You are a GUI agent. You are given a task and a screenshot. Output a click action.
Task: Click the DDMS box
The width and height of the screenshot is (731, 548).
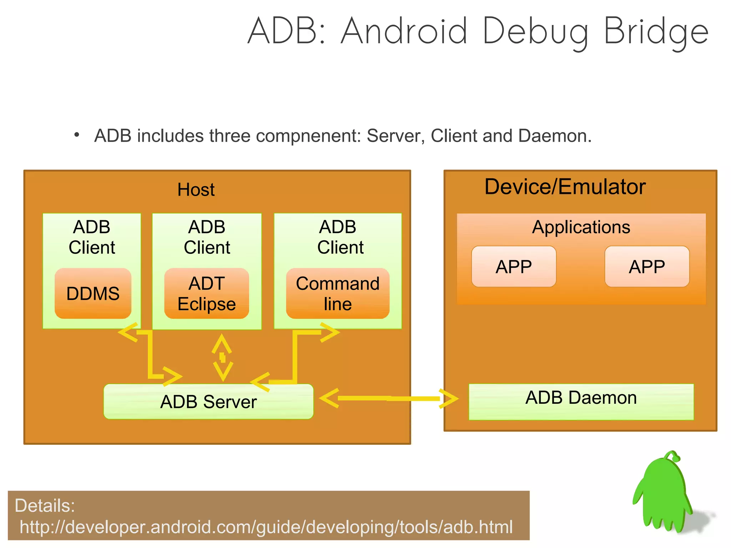[93, 293]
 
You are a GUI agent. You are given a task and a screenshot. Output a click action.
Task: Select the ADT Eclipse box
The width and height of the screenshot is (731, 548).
[206, 293]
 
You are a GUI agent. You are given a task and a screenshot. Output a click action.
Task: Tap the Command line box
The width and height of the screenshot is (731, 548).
[337, 293]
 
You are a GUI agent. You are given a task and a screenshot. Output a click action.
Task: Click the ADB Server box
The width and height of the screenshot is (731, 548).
[208, 402]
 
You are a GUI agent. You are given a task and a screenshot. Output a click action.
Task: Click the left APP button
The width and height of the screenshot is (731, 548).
[514, 267]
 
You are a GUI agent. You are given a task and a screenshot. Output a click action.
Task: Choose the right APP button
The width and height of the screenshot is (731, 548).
[647, 267]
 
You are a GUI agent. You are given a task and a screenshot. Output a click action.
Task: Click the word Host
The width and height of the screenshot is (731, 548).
[196, 190]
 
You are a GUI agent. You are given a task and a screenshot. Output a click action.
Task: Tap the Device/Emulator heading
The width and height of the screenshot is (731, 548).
[565, 187]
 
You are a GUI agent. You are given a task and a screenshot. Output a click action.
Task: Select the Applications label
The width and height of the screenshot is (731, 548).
[581, 227]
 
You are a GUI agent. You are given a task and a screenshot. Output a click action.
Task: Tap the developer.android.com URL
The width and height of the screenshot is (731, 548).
[266, 527]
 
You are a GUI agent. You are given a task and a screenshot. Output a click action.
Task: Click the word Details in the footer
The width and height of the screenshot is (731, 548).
[45, 506]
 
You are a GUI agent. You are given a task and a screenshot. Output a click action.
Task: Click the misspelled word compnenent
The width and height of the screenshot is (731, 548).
[308, 136]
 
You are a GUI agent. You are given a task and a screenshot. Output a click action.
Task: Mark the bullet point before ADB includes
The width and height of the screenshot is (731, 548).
[76, 135]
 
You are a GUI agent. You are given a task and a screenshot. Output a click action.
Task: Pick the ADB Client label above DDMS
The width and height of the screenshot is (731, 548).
[92, 237]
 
